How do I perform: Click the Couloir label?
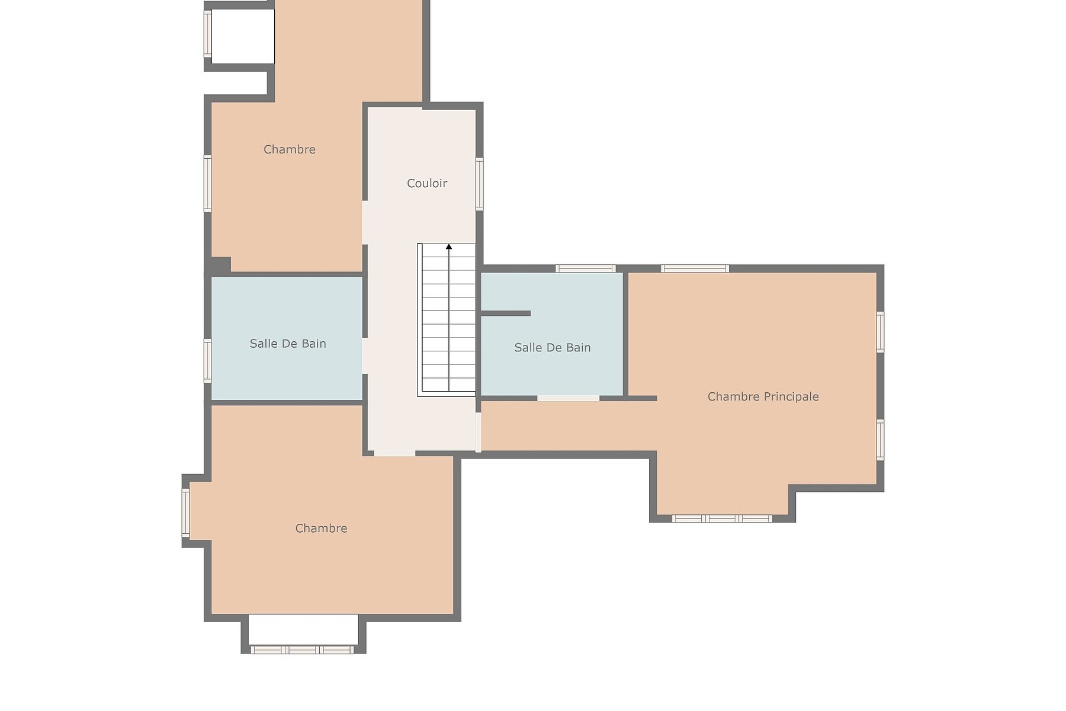(426, 183)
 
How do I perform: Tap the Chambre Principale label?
(763, 396)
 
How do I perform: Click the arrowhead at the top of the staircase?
(449, 246)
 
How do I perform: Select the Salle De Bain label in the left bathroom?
(288, 344)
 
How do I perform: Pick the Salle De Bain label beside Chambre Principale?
(552, 348)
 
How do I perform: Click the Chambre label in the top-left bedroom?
(289, 149)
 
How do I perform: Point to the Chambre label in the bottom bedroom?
(321, 528)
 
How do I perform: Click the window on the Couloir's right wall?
(479, 184)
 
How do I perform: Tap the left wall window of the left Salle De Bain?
(207, 360)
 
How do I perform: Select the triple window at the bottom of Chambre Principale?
(722, 518)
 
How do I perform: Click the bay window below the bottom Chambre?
(302, 650)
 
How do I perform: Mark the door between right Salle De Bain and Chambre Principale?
(568, 398)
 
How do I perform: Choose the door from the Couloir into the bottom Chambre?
(394, 453)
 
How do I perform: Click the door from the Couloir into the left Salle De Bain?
(365, 355)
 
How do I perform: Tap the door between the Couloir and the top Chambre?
(365, 222)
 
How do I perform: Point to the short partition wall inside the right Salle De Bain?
(505, 313)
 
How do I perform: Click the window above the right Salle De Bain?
(585, 268)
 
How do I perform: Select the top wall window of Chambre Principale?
(695, 268)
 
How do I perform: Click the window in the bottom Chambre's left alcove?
(185, 513)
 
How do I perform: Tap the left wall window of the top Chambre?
(207, 183)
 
